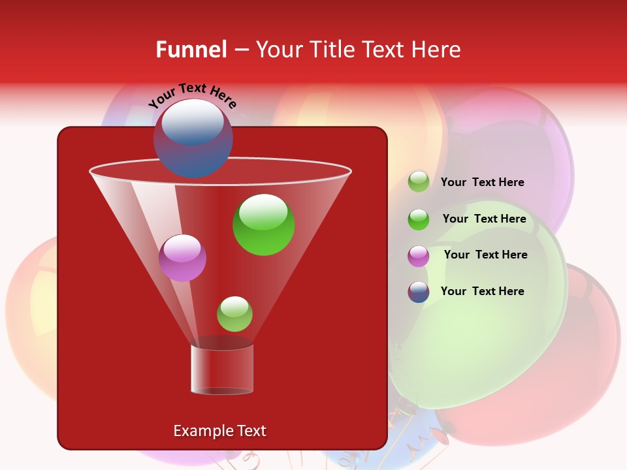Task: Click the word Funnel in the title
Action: pos(191,50)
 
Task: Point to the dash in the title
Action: pos(240,50)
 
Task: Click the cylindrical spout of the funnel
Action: pos(222,369)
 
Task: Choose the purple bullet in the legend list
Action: pos(419,256)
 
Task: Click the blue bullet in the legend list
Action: pos(419,292)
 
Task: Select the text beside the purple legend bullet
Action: pos(485,255)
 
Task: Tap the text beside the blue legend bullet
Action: pos(482,291)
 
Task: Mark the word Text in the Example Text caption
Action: pos(251,431)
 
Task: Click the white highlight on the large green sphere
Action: pos(263,210)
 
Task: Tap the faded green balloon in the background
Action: pos(483,313)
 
